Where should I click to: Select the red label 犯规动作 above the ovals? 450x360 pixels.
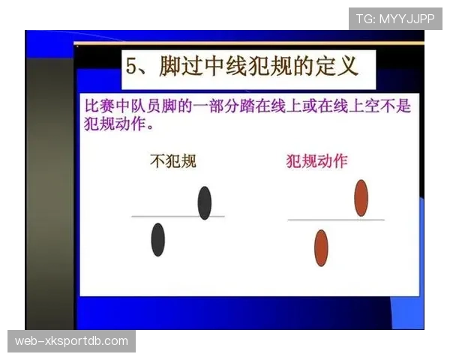pyautogui.click(x=317, y=160)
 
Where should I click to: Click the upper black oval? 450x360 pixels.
pyautogui.click(x=205, y=202)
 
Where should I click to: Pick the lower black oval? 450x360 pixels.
pyautogui.click(x=157, y=240)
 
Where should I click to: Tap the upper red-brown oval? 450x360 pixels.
pyautogui.click(x=361, y=197)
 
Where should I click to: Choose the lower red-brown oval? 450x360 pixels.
pyautogui.click(x=321, y=248)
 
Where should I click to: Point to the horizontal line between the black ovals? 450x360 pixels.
pyautogui.click(x=177, y=216)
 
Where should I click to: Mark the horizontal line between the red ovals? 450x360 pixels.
pyautogui.click(x=335, y=220)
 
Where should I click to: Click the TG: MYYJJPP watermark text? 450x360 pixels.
pyautogui.click(x=395, y=19)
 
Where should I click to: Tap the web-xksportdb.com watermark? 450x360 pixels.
pyautogui.click(x=71, y=341)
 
